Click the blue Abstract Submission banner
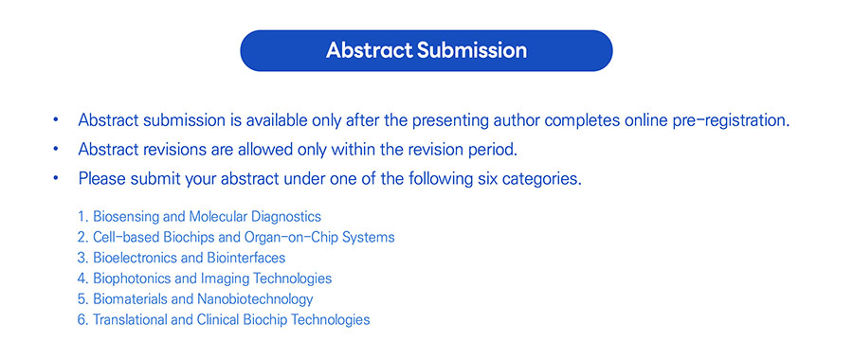point(426,50)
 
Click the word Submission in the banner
point(472,50)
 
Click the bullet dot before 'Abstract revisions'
point(56,150)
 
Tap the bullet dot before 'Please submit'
point(56,179)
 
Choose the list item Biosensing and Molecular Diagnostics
point(207,217)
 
